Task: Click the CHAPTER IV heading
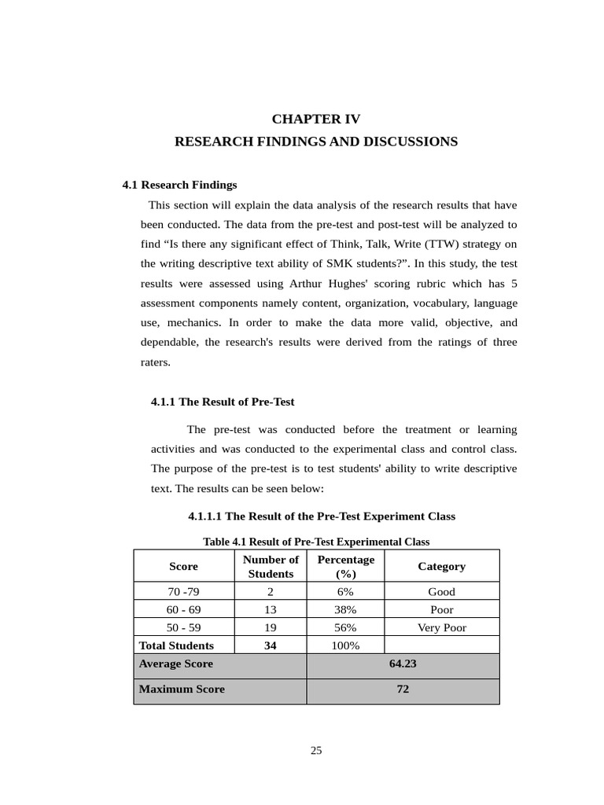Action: point(315,119)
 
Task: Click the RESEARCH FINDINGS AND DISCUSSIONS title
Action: point(315,142)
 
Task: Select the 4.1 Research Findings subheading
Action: point(179,185)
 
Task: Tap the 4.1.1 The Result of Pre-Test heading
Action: point(223,402)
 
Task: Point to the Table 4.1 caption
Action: point(316,542)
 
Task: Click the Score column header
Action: point(183,566)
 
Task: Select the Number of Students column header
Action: point(271,566)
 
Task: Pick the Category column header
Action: point(441,566)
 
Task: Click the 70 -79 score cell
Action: point(183,592)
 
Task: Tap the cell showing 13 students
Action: point(271,609)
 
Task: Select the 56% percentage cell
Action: point(345,627)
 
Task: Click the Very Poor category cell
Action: point(441,627)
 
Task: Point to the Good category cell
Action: point(441,592)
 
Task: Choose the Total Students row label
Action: point(176,645)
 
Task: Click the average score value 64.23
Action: point(402,663)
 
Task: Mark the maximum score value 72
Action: point(402,689)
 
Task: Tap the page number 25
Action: point(316,750)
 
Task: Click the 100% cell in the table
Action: point(345,645)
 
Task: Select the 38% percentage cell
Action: point(345,609)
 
